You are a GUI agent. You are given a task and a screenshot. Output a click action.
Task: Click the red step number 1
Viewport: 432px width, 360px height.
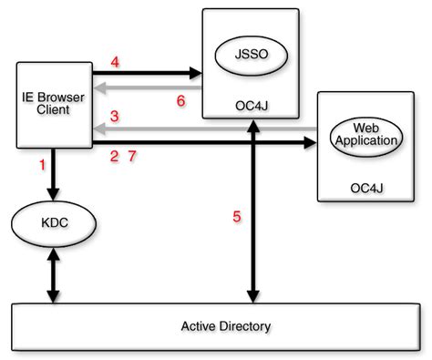pos(43,165)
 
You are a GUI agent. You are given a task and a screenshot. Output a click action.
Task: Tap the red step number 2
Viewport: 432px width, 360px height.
pos(114,156)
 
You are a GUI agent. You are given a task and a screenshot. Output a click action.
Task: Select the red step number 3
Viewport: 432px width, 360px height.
pos(115,117)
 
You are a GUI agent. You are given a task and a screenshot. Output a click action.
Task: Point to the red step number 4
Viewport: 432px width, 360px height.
pos(115,62)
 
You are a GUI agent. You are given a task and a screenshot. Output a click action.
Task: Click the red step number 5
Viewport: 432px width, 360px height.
pos(237,216)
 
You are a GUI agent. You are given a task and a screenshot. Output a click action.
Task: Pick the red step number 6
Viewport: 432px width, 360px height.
pos(180,101)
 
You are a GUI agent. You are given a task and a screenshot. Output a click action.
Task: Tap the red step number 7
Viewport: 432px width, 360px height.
pos(132,156)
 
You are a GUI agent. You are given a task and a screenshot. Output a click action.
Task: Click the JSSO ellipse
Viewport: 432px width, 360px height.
pos(252,56)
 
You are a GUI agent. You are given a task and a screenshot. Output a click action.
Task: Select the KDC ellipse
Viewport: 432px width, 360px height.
pos(54,223)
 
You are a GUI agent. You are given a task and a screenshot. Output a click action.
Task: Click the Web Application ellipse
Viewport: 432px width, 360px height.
pos(366,137)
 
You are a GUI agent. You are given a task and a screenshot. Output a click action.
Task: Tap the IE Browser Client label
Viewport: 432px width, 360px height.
pos(54,103)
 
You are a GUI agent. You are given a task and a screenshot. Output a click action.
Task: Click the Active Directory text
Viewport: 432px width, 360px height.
pos(226,326)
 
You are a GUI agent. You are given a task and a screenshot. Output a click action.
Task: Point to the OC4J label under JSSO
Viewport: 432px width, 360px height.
pos(252,106)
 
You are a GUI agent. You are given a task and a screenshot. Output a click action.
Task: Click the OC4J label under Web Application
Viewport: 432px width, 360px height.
pos(366,189)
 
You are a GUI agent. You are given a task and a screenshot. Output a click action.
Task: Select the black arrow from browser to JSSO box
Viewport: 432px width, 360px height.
pos(148,73)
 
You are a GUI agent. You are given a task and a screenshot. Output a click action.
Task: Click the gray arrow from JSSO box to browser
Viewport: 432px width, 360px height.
pos(148,88)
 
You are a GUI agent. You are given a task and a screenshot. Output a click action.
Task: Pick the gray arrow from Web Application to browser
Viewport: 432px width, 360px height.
pos(205,129)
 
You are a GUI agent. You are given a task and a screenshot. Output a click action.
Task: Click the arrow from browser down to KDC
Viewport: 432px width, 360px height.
pos(54,175)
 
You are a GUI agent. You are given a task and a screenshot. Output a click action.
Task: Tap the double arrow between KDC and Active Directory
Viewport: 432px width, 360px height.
pos(54,275)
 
